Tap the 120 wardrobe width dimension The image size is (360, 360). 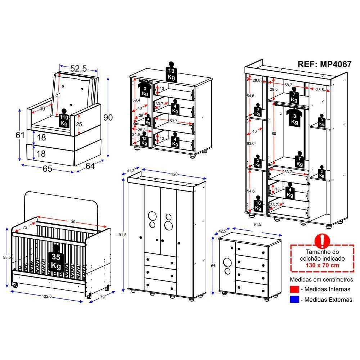[x=174, y=174]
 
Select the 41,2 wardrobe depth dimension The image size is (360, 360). [x=130, y=170]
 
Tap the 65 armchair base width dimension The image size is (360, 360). [x=48, y=168]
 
